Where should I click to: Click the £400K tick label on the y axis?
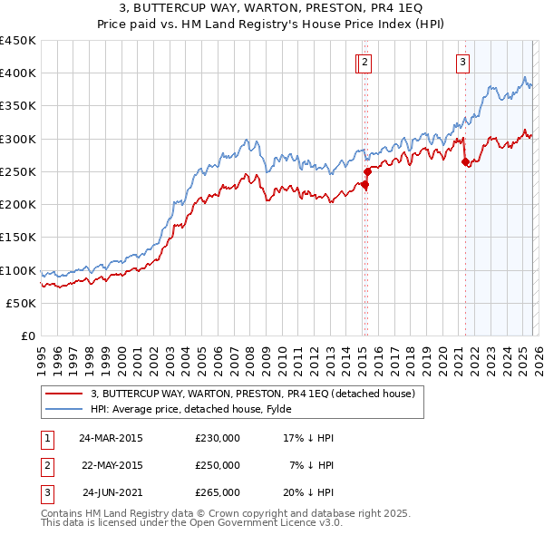[x=18, y=73]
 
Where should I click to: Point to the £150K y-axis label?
[x=18, y=238]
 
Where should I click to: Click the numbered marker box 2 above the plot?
[x=364, y=63]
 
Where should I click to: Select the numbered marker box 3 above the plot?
[x=462, y=63]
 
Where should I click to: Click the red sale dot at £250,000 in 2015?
[x=367, y=171]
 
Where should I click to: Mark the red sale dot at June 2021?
[x=465, y=161]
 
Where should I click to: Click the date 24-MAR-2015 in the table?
[x=111, y=437]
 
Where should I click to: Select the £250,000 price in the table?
[x=218, y=465]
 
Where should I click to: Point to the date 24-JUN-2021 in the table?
[x=112, y=493]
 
